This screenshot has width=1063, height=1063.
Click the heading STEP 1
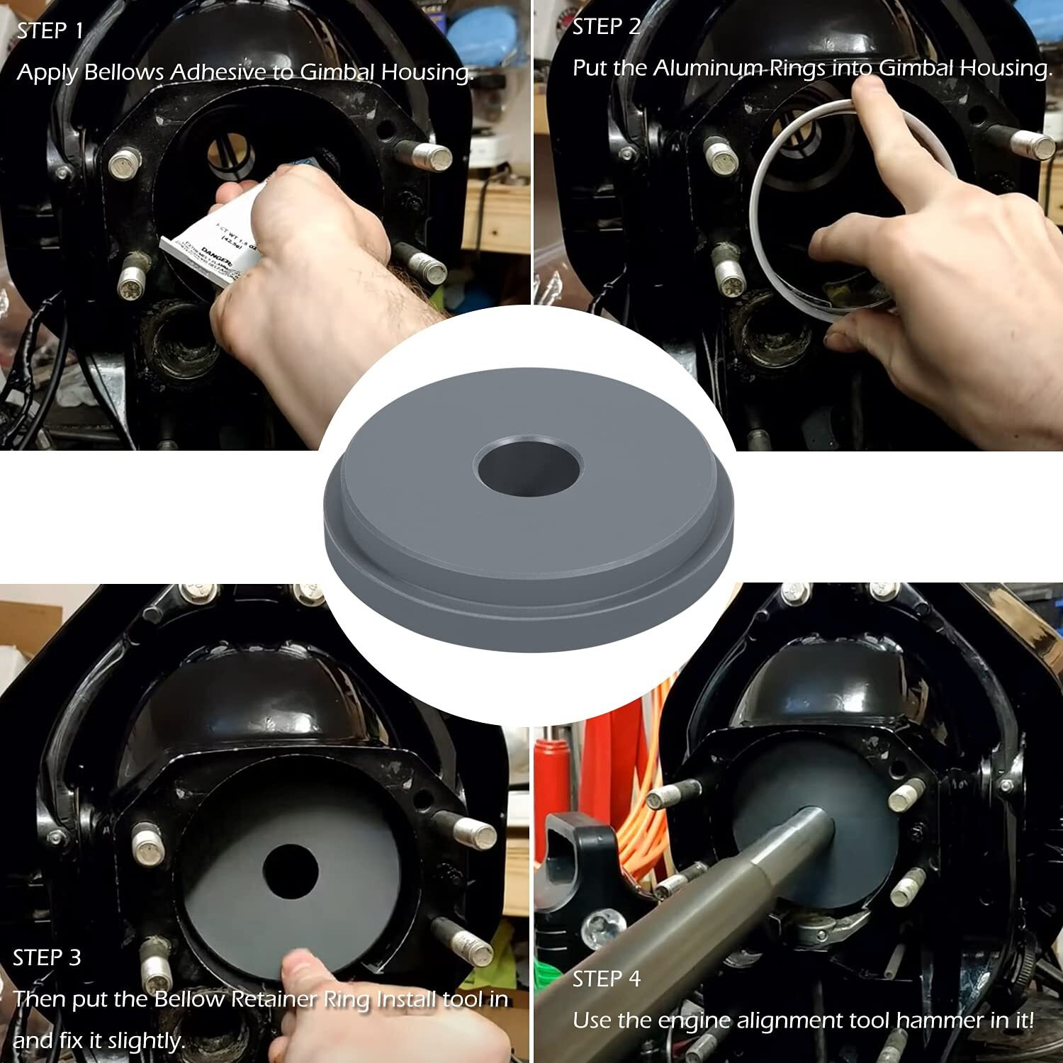tap(50, 31)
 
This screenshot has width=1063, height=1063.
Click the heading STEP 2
tap(606, 27)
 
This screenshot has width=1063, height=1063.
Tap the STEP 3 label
tap(47, 958)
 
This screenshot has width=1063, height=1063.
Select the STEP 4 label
tap(606, 979)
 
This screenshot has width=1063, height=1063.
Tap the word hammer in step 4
tap(933, 1021)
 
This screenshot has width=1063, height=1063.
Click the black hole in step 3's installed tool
tap(290, 872)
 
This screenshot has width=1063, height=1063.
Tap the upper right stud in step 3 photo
tap(475, 833)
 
